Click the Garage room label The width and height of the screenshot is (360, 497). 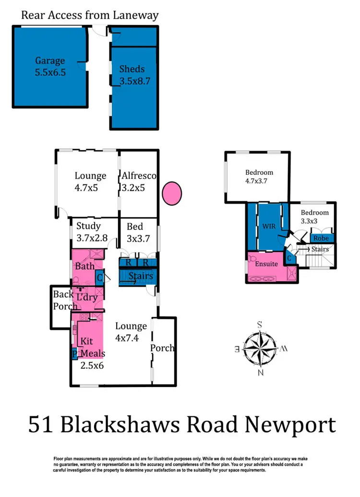pyautogui.click(x=50, y=61)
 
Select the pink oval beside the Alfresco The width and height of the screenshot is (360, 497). pyautogui.click(x=172, y=193)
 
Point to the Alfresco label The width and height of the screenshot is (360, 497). pyautogui.click(x=139, y=176)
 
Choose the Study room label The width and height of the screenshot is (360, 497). pyautogui.click(x=88, y=226)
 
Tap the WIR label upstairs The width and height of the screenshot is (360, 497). pyautogui.click(x=269, y=226)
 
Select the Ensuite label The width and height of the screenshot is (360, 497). pyautogui.click(x=266, y=264)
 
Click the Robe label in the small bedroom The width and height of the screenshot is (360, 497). pyautogui.click(x=321, y=238)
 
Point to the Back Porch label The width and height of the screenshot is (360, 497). pyautogui.click(x=63, y=300)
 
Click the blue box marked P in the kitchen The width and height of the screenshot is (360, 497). pyautogui.click(x=74, y=354)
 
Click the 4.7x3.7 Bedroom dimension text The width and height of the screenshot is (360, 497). pyautogui.click(x=259, y=182)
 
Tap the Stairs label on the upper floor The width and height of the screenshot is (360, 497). pyautogui.click(x=320, y=249)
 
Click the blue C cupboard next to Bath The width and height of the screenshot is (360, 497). pyautogui.click(x=100, y=277)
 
